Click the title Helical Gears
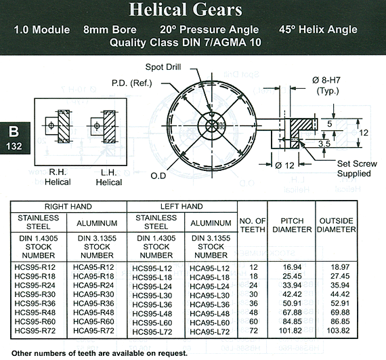(x=186, y=9)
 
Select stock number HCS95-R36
(x=35, y=303)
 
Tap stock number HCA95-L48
(x=210, y=314)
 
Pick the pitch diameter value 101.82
(x=291, y=330)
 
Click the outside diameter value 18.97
(x=340, y=267)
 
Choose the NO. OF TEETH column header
(x=253, y=225)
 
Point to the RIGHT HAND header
(x=68, y=207)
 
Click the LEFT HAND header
(x=181, y=207)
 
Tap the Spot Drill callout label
(x=163, y=67)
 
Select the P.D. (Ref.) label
(x=132, y=83)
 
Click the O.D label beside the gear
(x=158, y=176)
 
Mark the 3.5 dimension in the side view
(x=324, y=144)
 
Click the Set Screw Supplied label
(x=357, y=169)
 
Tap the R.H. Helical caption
(x=58, y=177)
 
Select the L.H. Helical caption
(x=109, y=178)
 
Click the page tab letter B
(x=14, y=132)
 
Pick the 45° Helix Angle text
(x=318, y=30)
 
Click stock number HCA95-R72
(x=93, y=330)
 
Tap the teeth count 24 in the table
(x=253, y=285)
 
